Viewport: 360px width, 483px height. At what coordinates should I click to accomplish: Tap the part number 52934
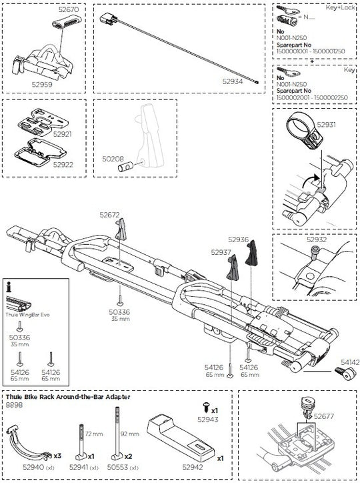234,81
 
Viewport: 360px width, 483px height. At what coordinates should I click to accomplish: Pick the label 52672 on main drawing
110,215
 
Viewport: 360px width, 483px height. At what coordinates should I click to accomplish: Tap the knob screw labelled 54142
345,375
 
